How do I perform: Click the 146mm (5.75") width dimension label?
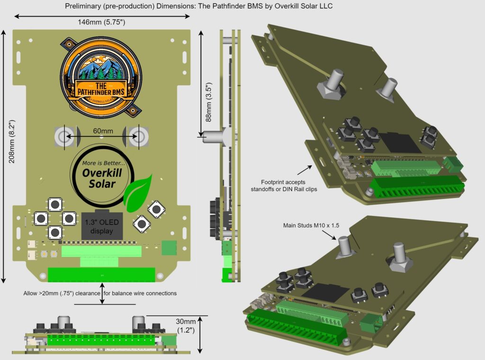click(101, 22)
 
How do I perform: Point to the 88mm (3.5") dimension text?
click(207, 84)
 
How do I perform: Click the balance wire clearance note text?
click(100, 293)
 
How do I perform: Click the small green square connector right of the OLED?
click(169, 248)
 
